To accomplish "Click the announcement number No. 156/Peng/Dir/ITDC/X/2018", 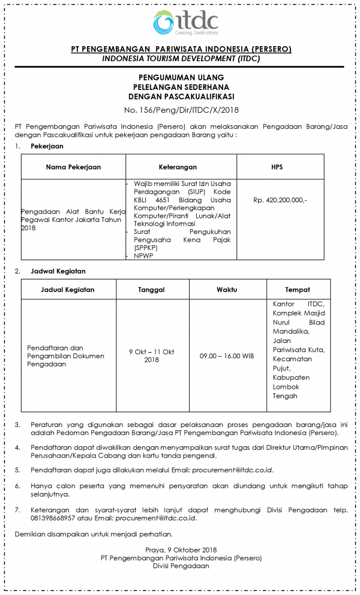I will [181, 110].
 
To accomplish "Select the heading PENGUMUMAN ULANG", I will [181, 78].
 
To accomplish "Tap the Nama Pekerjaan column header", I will [73, 167].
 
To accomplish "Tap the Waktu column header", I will [226, 290].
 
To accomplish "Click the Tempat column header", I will [298, 290].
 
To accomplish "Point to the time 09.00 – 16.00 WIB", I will [227, 356].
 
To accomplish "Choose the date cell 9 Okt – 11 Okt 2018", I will [152, 356].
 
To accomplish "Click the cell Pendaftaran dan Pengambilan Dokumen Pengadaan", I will [65, 356].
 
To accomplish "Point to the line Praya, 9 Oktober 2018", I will [181, 549].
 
